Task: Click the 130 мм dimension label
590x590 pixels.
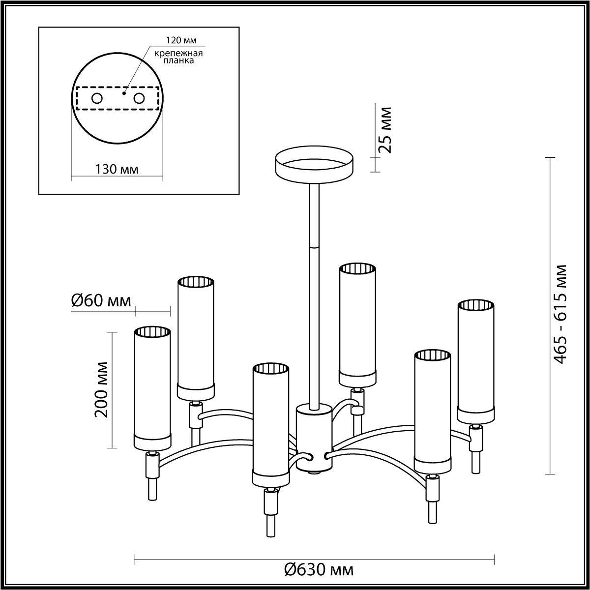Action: click(x=117, y=169)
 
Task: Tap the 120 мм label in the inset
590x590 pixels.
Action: click(x=181, y=40)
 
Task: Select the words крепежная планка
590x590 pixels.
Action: click(x=178, y=57)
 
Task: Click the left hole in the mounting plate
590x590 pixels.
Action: click(x=97, y=99)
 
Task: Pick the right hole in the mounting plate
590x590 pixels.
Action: click(x=139, y=99)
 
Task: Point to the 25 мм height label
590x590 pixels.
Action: click(x=385, y=130)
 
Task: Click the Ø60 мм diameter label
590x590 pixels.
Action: click(x=101, y=301)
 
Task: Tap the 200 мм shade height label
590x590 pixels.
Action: click(x=101, y=390)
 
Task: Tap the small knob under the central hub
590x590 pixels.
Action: click(x=314, y=481)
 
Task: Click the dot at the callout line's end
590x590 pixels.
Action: click(x=124, y=93)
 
